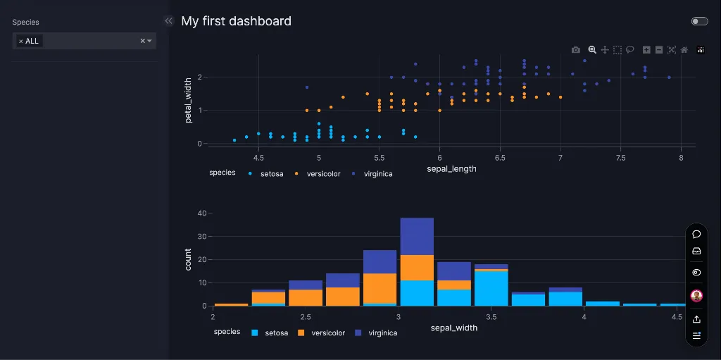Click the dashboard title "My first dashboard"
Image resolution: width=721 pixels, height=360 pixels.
coord(236,21)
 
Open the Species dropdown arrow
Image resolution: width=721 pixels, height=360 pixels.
coord(149,41)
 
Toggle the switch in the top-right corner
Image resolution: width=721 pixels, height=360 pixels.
coord(699,21)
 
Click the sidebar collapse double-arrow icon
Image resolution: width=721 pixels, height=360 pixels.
coord(168,21)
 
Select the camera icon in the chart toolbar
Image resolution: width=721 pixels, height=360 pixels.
coord(576,50)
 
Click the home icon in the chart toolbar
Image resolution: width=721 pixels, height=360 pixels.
coord(684,50)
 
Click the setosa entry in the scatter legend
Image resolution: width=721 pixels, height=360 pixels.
coord(271,173)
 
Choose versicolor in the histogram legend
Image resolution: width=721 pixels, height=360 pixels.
coord(327,333)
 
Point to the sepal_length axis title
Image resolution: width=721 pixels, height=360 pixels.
coord(451,169)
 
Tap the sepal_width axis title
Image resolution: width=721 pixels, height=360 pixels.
coord(453,328)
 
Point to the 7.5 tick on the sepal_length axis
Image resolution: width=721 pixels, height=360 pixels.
coord(620,158)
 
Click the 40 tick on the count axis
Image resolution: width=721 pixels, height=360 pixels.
coord(202,213)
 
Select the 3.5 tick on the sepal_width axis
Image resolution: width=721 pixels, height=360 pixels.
coord(491,318)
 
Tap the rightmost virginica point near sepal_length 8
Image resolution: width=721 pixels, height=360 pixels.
coord(669,77)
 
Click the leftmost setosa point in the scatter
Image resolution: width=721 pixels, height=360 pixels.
coord(234,140)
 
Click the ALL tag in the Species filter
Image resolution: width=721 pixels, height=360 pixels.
coord(32,41)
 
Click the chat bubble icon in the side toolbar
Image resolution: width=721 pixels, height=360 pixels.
coord(696,234)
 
